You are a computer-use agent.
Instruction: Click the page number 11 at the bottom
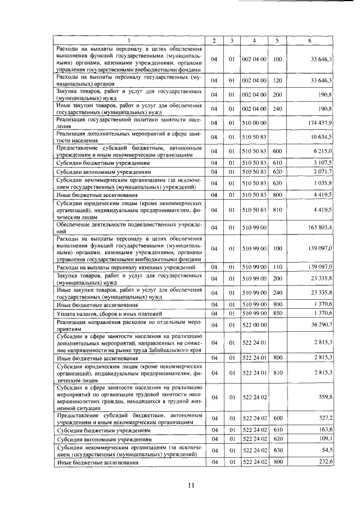pyautogui.click(x=190, y=487)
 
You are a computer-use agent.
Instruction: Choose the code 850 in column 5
pyautogui.click(x=277, y=313)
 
